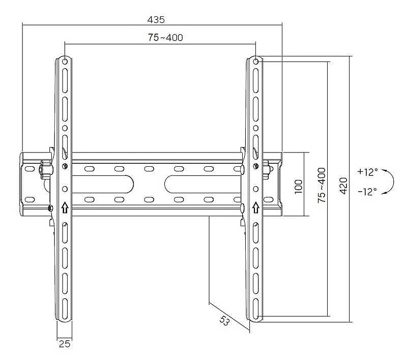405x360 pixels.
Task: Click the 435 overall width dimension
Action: [156, 20]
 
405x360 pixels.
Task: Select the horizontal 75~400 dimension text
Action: [165, 38]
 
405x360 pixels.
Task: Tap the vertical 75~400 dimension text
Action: [322, 185]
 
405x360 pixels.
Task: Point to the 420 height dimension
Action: [343, 186]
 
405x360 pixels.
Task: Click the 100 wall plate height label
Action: [298, 186]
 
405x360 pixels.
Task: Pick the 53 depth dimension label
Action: [224, 320]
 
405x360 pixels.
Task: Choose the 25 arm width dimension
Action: [64, 344]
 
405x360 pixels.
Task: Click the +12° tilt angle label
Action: [367, 172]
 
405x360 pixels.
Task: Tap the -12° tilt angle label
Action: [367, 192]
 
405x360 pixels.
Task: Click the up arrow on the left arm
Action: [65, 208]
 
